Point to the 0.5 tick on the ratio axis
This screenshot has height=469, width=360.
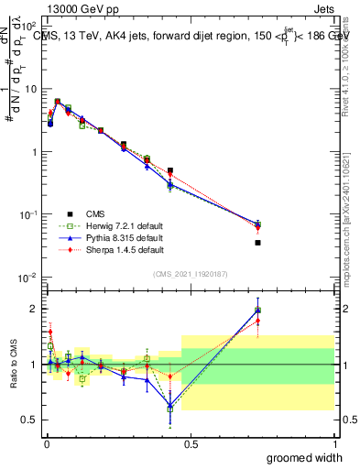29,420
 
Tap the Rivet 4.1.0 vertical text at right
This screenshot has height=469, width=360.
346,69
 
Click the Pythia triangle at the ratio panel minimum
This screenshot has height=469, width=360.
169,405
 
